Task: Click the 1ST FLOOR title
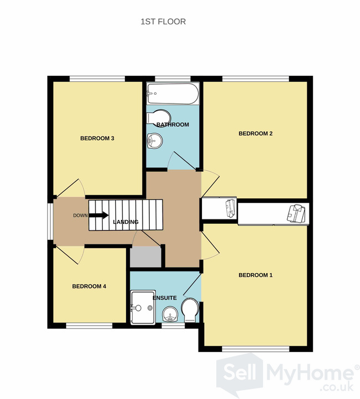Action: pyautogui.click(x=163, y=22)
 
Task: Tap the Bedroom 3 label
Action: pyautogui.click(x=97, y=139)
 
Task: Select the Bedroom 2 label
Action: pyautogui.click(x=256, y=134)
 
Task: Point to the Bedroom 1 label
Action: pyautogui.click(x=256, y=275)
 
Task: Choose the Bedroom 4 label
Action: pyautogui.click(x=89, y=287)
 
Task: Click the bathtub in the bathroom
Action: pyautogui.click(x=173, y=94)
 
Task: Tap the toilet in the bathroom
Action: pyautogui.click(x=159, y=118)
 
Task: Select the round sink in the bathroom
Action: pyautogui.click(x=155, y=141)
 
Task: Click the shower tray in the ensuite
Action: pyautogui.click(x=143, y=308)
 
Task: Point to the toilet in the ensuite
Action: pyautogui.click(x=190, y=310)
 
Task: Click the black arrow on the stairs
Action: pyautogui.click(x=99, y=215)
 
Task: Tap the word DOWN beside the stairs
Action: pyautogui.click(x=80, y=216)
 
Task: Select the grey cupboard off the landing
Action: pyautogui.click(x=145, y=257)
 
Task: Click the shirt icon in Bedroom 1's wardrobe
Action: pyautogui.click(x=296, y=213)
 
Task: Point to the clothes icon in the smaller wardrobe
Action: pyautogui.click(x=231, y=208)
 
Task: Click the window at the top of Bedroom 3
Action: pyautogui.click(x=97, y=79)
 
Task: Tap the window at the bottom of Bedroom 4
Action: pyautogui.click(x=89, y=326)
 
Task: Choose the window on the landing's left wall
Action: pyautogui.click(x=50, y=221)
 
